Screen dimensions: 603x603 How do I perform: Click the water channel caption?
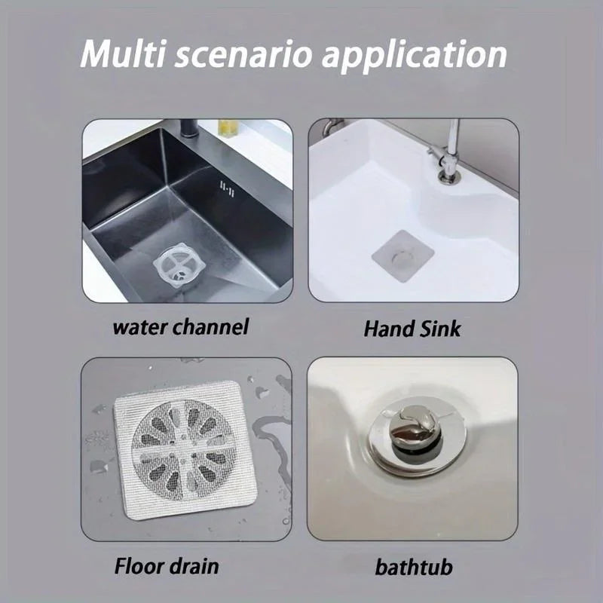180,327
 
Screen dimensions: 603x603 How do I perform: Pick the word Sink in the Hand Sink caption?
440,329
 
